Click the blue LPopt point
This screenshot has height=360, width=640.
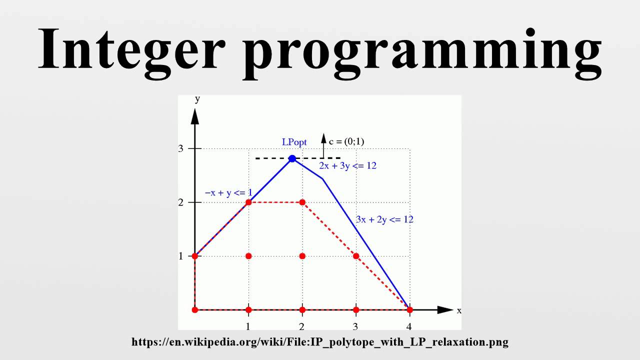pos(292,158)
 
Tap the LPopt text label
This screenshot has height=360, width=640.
pos(294,142)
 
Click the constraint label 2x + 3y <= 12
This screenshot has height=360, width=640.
pos(347,166)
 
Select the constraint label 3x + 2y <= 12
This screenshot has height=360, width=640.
pos(384,219)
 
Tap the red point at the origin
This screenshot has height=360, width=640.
pos(195,310)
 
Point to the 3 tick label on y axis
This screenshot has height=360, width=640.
pos(180,148)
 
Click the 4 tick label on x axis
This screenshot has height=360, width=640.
pos(409,327)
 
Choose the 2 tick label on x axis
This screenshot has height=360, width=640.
pos(302,327)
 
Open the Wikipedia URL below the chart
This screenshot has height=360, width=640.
pos(320,342)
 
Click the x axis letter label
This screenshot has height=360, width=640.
pos(459,311)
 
